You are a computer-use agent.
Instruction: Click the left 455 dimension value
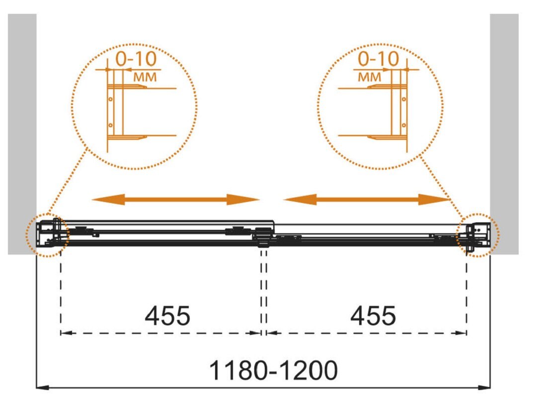pos(167,316)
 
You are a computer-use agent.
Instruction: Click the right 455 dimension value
pos(373,316)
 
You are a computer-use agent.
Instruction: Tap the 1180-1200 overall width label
pos(273,370)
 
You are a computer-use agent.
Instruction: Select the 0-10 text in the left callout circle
pos(136,59)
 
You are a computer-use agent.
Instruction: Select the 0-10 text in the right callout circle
pos(379,59)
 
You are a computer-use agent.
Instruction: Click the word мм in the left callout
pos(145,77)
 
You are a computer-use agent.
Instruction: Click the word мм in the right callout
pos(370,77)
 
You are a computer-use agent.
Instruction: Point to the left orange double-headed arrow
pos(176,199)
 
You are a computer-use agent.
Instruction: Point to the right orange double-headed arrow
pos(367,199)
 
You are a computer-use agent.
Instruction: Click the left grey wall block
pos(22,134)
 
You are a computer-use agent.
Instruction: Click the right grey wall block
pos(504,134)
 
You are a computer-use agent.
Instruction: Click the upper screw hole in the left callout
pos(111,99)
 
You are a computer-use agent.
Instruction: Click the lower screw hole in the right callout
pos(404,125)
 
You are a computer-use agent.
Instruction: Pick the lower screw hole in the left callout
pos(111,125)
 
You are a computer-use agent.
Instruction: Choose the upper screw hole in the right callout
pos(404,99)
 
